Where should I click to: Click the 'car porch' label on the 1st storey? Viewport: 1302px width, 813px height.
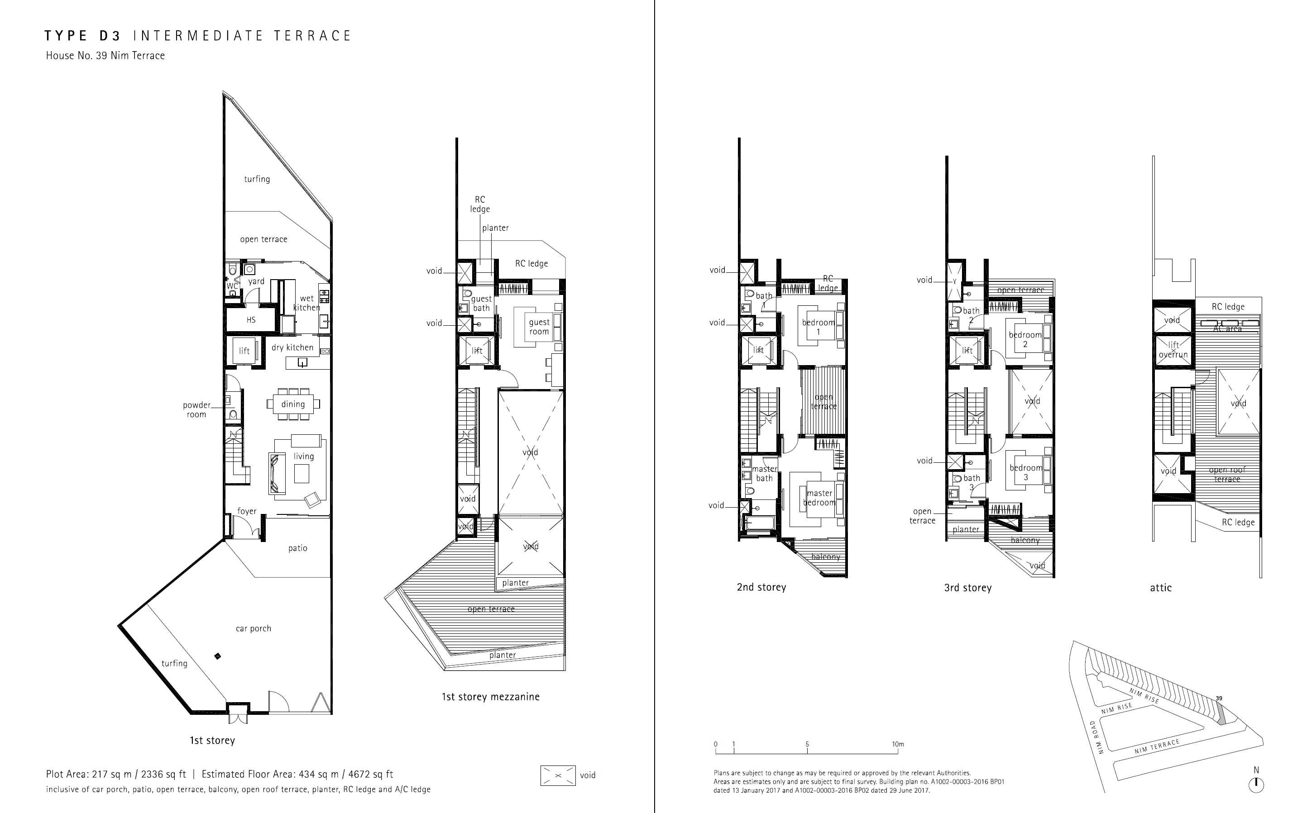click(x=254, y=628)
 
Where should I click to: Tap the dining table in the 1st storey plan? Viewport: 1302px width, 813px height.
click(x=293, y=404)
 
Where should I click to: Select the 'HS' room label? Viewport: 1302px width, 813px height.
click(x=251, y=320)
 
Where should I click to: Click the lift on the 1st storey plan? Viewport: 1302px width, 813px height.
click(x=244, y=351)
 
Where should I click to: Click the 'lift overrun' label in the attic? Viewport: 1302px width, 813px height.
click(x=1173, y=350)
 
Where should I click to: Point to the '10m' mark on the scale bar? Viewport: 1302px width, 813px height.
click(x=898, y=744)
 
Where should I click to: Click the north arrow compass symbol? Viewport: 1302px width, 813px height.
click(x=1256, y=784)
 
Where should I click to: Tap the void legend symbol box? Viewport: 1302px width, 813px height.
click(x=558, y=775)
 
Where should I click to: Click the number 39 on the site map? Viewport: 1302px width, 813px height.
click(x=1219, y=699)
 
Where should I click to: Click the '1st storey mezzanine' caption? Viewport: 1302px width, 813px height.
click(x=491, y=697)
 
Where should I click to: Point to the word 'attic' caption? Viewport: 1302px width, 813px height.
click(x=1160, y=588)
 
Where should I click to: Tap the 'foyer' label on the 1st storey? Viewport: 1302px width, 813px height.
click(x=247, y=511)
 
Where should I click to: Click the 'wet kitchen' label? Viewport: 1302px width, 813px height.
click(x=306, y=303)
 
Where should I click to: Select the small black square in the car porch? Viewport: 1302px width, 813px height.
click(x=217, y=656)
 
